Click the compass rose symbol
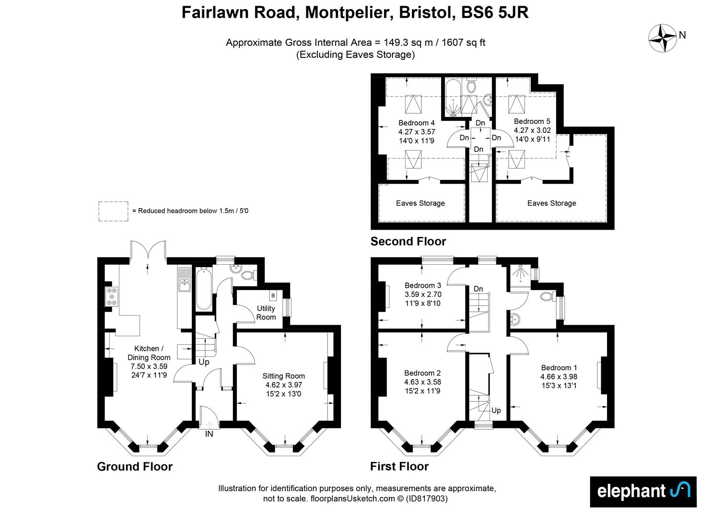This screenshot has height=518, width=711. tap(663, 38)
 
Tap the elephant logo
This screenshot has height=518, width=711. tap(642, 491)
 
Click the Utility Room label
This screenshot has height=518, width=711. tap(266, 313)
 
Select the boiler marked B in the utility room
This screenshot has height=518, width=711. tap(273, 296)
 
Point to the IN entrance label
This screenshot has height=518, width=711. tap(209, 434)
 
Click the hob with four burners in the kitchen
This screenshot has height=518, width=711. tap(112, 296)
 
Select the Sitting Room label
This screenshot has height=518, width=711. tap(283, 376)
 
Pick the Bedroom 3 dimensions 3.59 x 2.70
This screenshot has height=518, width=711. tap(423, 294)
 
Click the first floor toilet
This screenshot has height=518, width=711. tap(547, 296)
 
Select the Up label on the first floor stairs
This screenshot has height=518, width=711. tap(496, 410)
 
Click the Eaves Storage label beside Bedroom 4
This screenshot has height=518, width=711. tap(420, 203)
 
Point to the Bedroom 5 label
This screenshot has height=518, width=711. tap(532, 121)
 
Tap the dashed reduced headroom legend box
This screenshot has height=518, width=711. tap(113, 211)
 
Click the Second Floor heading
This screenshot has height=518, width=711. tap(408, 241)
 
